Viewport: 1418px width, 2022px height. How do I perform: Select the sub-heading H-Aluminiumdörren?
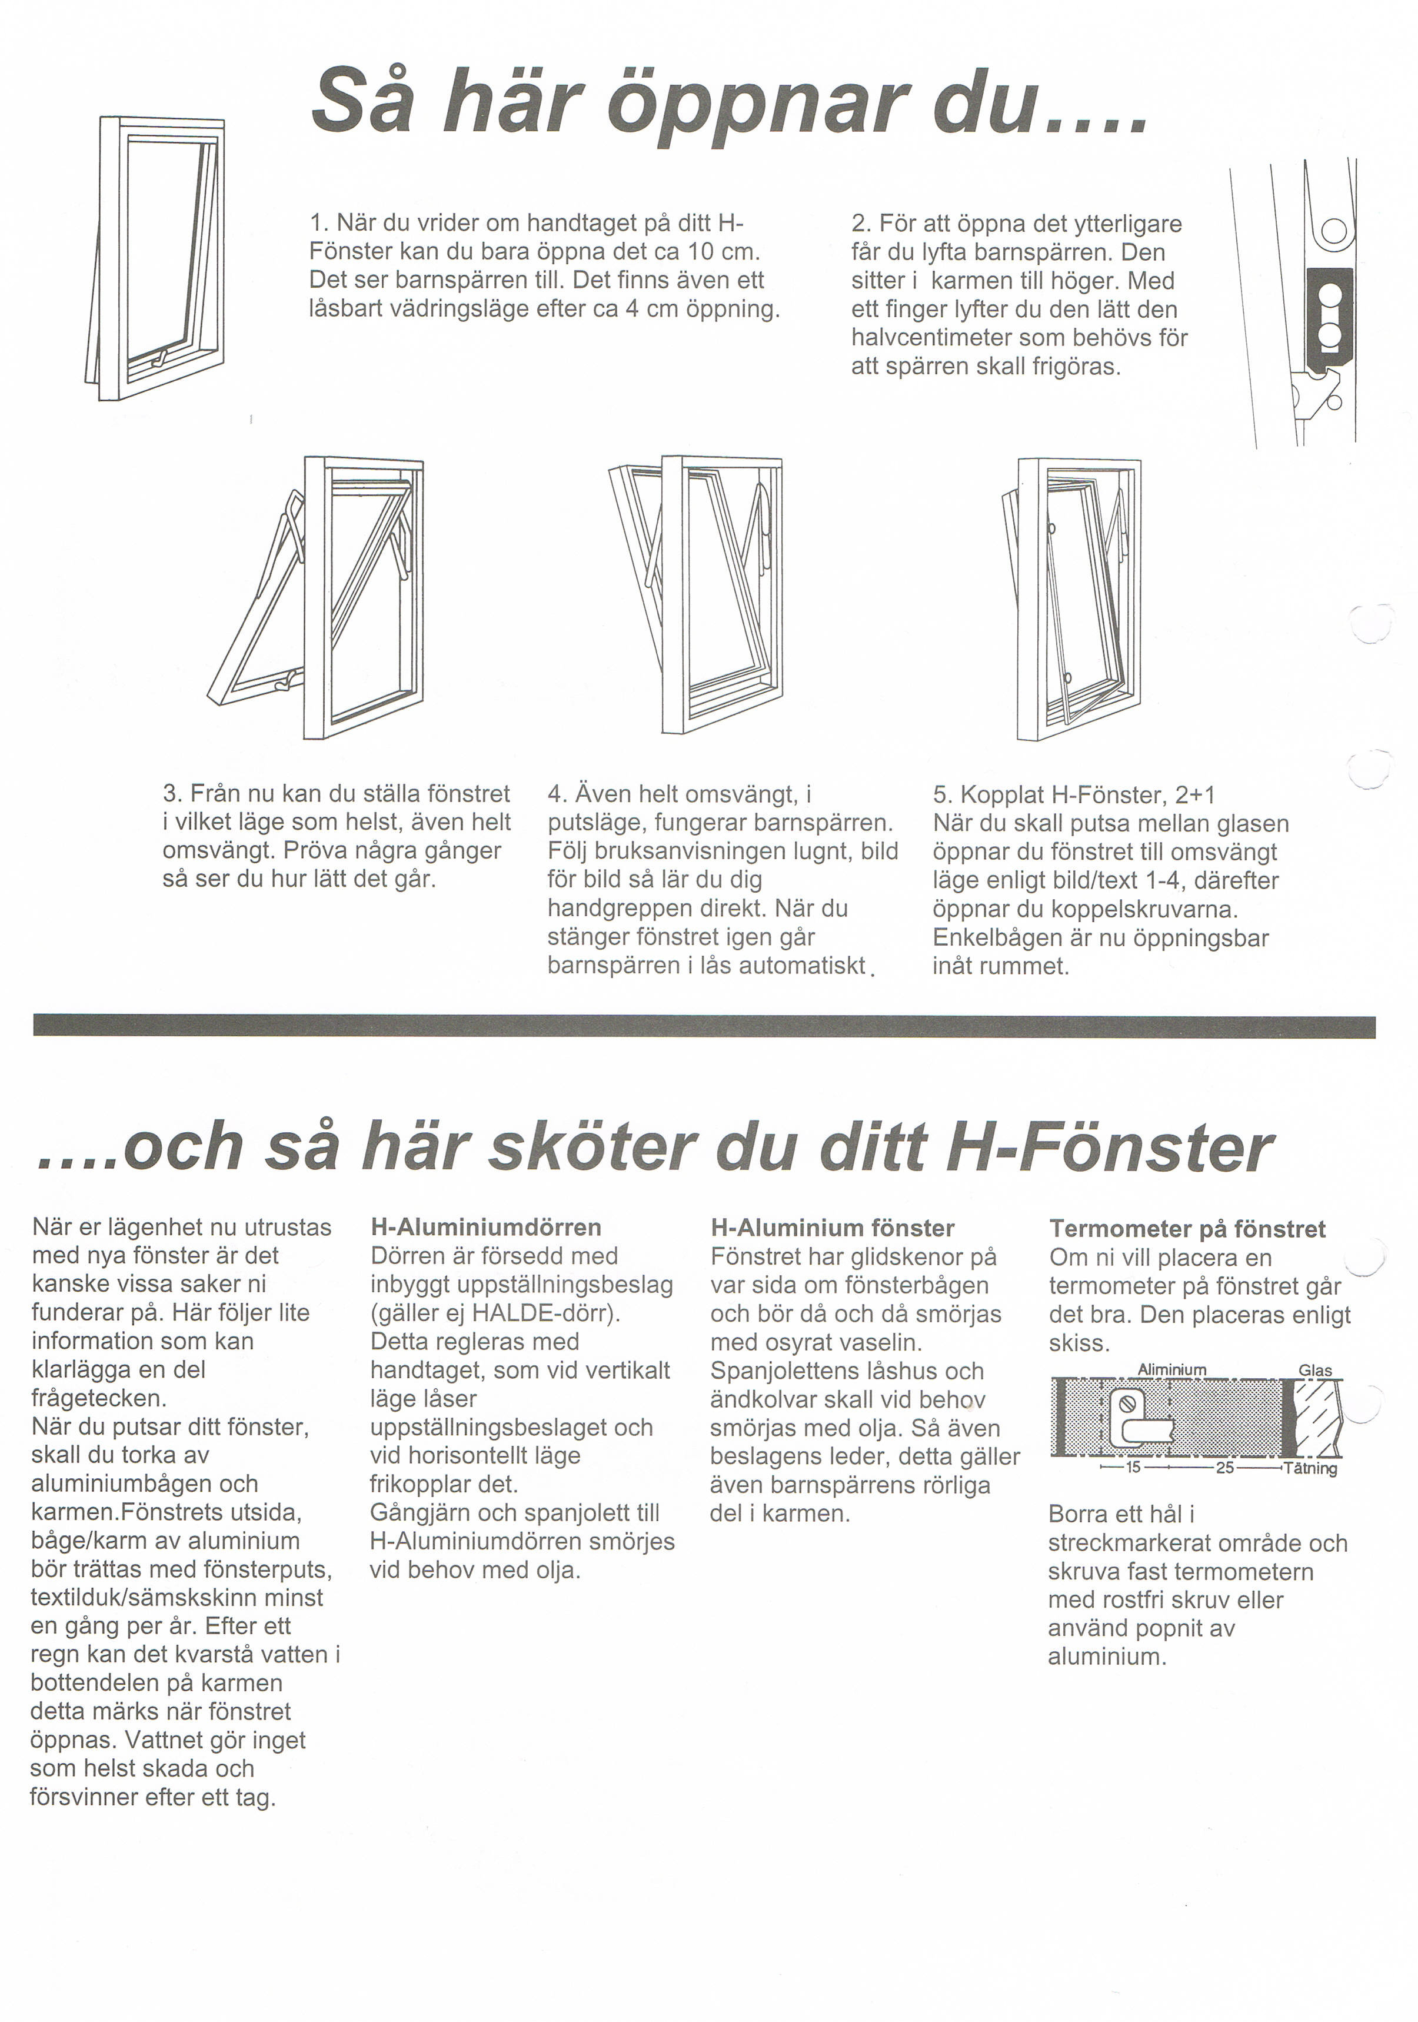486,1227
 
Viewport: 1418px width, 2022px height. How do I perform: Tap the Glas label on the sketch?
1315,1371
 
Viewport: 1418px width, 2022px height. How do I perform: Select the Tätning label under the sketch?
1312,1468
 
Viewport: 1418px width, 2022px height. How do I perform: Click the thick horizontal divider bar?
705,1026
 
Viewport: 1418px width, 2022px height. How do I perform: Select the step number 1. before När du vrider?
319,223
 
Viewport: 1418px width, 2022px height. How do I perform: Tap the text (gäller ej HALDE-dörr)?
495,1313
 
